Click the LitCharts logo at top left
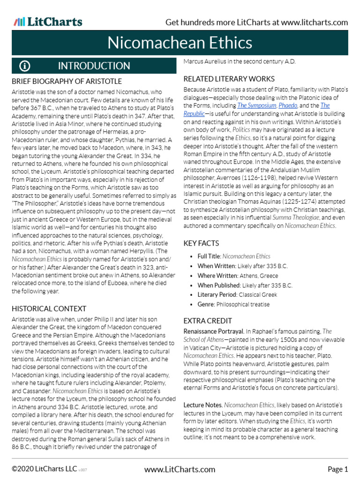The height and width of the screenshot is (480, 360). [48, 22]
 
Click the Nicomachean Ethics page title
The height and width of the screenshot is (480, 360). [180, 43]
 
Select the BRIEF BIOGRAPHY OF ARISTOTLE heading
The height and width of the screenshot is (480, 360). [67, 82]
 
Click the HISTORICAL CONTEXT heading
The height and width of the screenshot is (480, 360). [49, 308]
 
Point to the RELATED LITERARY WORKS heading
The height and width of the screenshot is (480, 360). [229, 79]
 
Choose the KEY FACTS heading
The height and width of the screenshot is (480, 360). [201, 243]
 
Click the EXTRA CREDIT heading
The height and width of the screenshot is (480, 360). [208, 321]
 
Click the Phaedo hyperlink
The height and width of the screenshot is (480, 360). [287, 106]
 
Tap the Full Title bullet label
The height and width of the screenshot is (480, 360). [209, 256]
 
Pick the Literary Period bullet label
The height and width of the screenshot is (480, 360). [217, 295]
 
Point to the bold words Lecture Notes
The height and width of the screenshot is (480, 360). [202, 405]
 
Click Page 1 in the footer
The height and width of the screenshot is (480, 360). [337, 469]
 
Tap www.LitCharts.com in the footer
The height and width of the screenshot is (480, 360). [180, 469]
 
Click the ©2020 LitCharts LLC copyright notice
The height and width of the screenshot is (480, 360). [45, 469]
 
